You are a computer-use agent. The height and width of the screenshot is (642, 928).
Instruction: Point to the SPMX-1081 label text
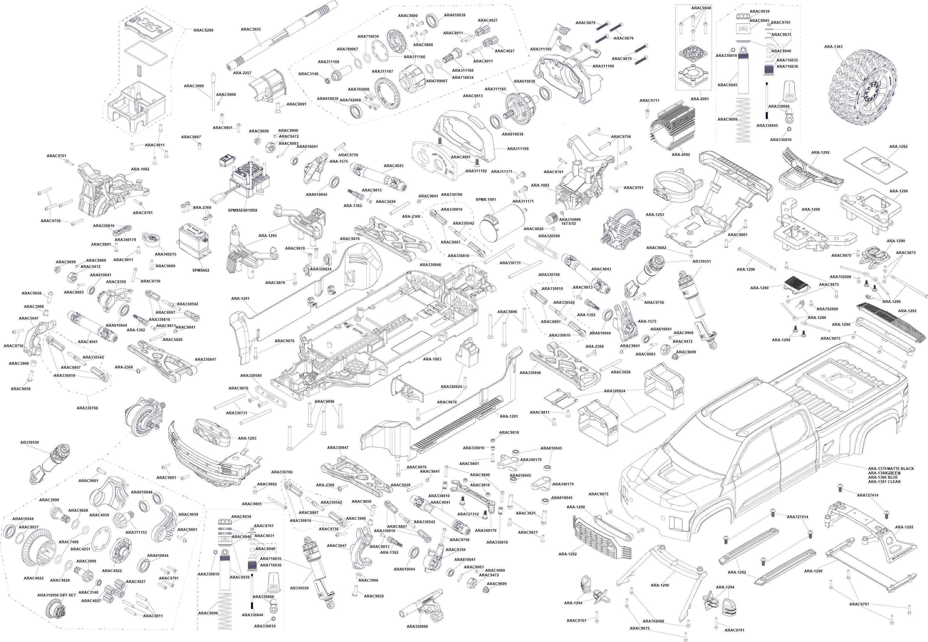[486, 200]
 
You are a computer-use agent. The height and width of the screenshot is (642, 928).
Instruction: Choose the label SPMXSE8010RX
[243, 210]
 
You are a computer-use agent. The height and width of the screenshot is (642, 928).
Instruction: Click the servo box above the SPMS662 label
[195, 242]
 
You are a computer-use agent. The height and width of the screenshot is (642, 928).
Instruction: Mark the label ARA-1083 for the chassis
[432, 359]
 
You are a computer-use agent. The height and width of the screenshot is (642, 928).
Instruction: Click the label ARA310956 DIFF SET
[56, 595]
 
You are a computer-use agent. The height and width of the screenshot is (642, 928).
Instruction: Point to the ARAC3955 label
[251, 29]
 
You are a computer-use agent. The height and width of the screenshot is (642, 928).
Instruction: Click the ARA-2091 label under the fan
[700, 99]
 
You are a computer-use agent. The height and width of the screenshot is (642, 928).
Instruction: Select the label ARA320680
[417, 626]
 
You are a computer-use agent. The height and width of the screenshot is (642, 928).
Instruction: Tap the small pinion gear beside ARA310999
[551, 219]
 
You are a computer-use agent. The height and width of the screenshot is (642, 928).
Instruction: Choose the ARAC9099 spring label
[727, 119]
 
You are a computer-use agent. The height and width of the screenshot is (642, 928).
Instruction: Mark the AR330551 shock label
[702, 261]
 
